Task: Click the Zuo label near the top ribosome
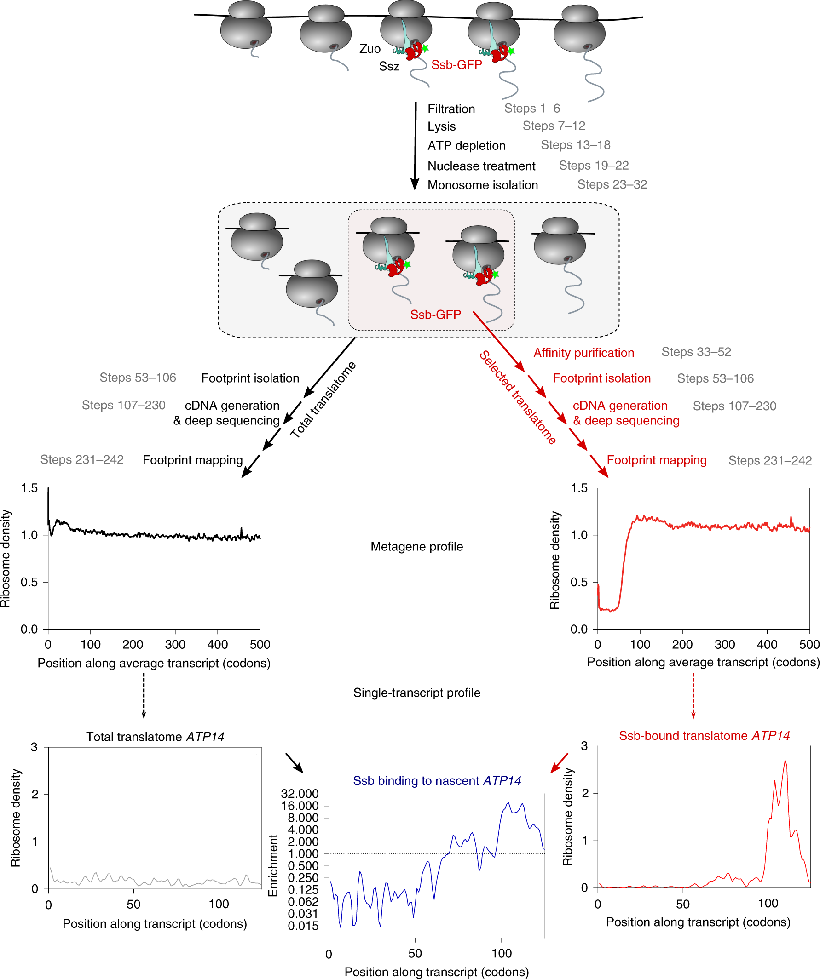tap(370, 49)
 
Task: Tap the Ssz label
tap(389, 67)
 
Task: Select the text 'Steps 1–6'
tap(532, 109)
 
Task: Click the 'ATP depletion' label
tap(467, 146)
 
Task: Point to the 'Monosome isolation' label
tap(483, 185)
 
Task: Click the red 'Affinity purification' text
tap(583, 353)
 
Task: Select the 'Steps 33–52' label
tap(696, 352)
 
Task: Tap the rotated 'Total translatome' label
tap(323, 400)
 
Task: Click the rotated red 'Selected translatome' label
tap(518, 398)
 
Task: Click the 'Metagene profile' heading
tap(416, 546)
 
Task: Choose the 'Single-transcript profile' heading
tap(416, 693)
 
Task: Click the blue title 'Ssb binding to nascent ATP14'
tap(437, 781)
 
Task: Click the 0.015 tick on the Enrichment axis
tap(303, 926)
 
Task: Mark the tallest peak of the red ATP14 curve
tap(785, 762)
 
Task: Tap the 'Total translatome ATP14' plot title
tap(155, 737)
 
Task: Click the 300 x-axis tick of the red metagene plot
tap(725, 644)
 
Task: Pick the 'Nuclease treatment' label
tap(481, 166)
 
